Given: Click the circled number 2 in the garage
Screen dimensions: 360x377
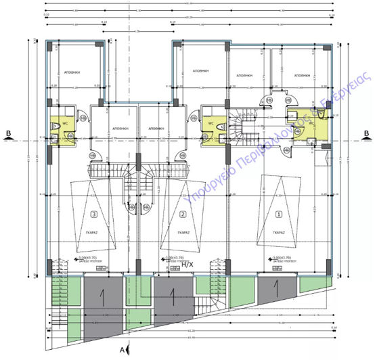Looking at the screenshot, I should pyautogui.click(x=182, y=215).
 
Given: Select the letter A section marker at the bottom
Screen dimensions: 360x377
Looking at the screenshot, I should pyautogui.click(x=121, y=350).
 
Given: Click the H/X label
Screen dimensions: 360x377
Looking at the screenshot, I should pyautogui.click(x=187, y=265).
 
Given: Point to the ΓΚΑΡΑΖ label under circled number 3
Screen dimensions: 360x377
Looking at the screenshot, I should pyautogui.click(x=93, y=232).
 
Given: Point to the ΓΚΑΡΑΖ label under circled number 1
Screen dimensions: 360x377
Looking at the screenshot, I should pyautogui.click(x=277, y=232).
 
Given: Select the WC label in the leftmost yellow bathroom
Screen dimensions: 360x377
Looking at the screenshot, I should pyautogui.click(x=66, y=123).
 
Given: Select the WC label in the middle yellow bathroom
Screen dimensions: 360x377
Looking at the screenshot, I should pyautogui.click(x=211, y=123).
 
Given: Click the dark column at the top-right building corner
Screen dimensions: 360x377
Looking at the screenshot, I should pyautogui.click(x=330, y=46).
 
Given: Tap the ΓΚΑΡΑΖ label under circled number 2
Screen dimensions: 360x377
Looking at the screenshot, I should pyautogui.click(x=181, y=232).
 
